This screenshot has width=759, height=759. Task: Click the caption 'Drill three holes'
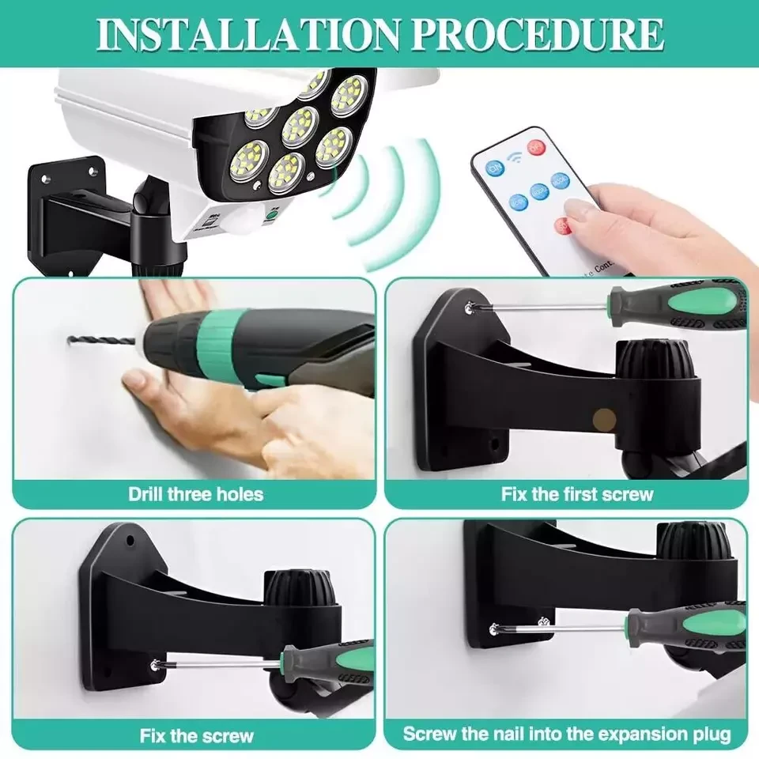[x=195, y=495]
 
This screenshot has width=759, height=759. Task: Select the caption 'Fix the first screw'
[x=577, y=495]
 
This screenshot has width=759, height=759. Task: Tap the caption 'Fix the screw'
[x=197, y=735]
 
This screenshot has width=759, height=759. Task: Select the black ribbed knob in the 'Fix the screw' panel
[x=295, y=590]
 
